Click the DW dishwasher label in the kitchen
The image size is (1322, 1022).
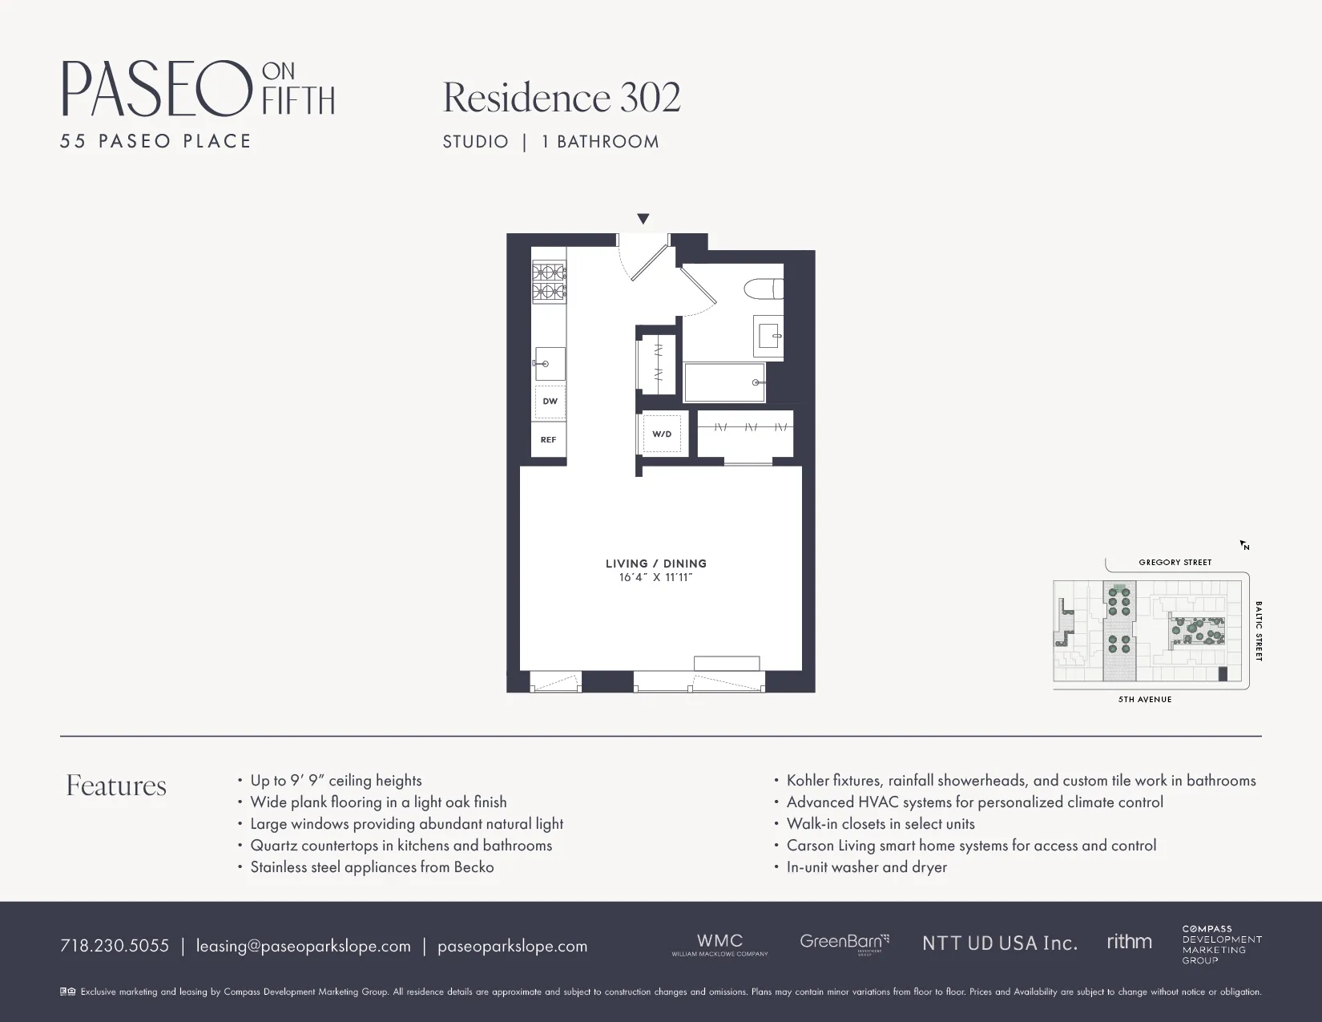[x=550, y=401]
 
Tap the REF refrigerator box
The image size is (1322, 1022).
[x=549, y=439]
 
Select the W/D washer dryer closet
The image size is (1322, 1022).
[x=662, y=434]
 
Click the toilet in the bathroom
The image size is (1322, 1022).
[x=764, y=288]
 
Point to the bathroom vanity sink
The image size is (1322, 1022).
[x=768, y=336]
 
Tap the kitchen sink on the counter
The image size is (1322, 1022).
[x=550, y=364]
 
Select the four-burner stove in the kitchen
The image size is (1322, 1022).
[x=550, y=281]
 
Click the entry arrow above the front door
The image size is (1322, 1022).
[x=643, y=219]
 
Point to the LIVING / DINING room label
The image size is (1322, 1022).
[x=656, y=564]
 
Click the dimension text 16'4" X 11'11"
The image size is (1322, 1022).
[x=656, y=577]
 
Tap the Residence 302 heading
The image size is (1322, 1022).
[x=562, y=98]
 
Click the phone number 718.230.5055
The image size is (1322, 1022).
[x=115, y=946]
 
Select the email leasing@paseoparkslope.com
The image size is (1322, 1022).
[x=304, y=946]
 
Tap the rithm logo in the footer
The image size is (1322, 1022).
[x=1130, y=942]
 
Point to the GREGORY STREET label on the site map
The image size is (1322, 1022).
[x=1175, y=562]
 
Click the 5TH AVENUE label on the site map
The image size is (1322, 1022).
[x=1145, y=699]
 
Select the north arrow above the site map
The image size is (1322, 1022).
[x=1244, y=545]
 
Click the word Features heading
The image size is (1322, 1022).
[x=116, y=786]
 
